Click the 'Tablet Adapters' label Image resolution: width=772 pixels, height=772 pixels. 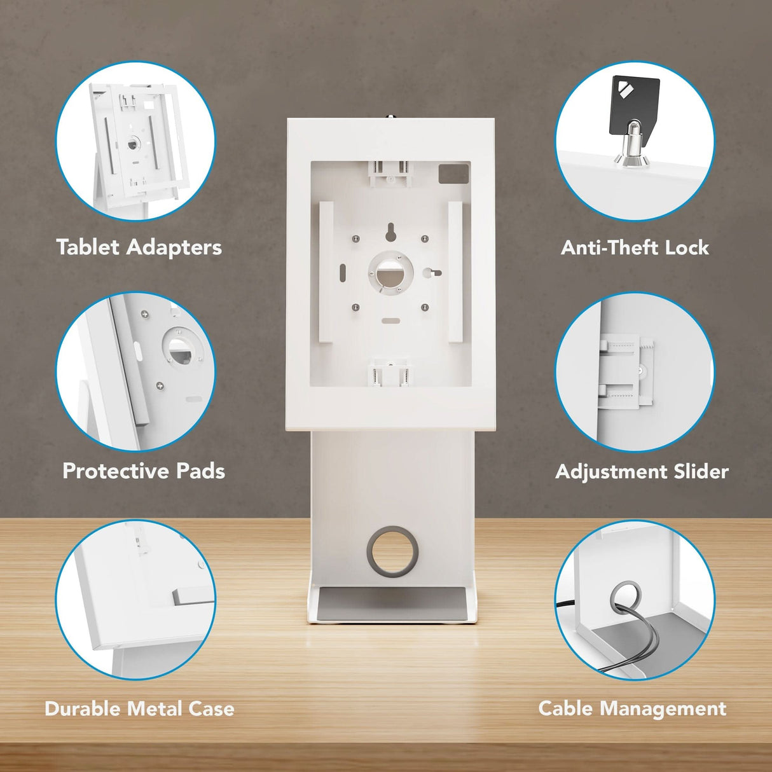click(x=139, y=247)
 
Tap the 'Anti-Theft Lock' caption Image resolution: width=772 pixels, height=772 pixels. click(x=635, y=247)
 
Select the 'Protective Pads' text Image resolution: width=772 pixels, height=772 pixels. click(x=144, y=471)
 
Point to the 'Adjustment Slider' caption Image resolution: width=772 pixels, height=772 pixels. click(x=642, y=471)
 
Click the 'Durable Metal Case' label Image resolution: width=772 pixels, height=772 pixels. click(x=139, y=708)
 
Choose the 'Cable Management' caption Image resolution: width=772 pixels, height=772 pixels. click(x=632, y=708)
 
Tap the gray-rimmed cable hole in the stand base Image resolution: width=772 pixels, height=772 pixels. click(x=392, y=551)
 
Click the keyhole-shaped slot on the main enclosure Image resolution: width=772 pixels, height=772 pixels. click(x=390, y=233)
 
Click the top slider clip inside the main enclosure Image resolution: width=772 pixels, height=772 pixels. click(x=390, y=173)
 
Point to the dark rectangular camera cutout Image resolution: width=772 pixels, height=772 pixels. click(x=453, y=174)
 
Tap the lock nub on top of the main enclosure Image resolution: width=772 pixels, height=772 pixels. click(x=390, y=116)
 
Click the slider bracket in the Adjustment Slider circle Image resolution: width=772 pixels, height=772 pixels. click(x=627, y=370)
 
